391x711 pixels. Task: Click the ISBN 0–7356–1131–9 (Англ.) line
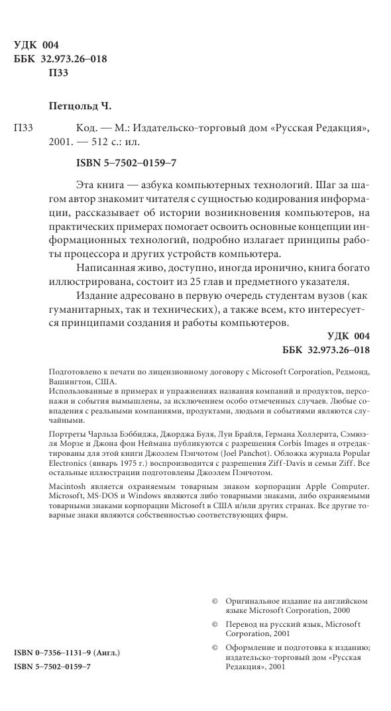click(66, 653)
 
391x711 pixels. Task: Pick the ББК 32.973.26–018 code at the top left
click(60, 59)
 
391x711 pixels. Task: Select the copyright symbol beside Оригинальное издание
click(215, 600)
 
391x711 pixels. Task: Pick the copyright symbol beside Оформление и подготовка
click(215, 648)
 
